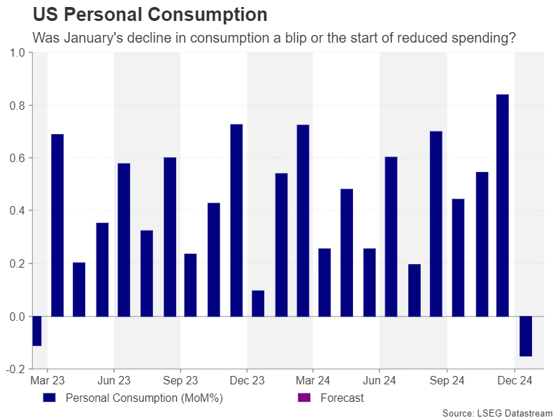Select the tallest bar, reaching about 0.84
coord(502,205)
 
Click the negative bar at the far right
coord(525,336)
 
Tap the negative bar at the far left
coord(36,331)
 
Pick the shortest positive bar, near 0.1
coord(258,303)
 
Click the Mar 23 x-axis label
coord(48,381)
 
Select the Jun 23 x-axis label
coord(114,381)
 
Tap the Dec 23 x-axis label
coord(247,381)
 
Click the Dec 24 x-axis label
coord(515,381)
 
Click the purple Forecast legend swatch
coord(303,398)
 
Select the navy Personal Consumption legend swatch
coord(48,398)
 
